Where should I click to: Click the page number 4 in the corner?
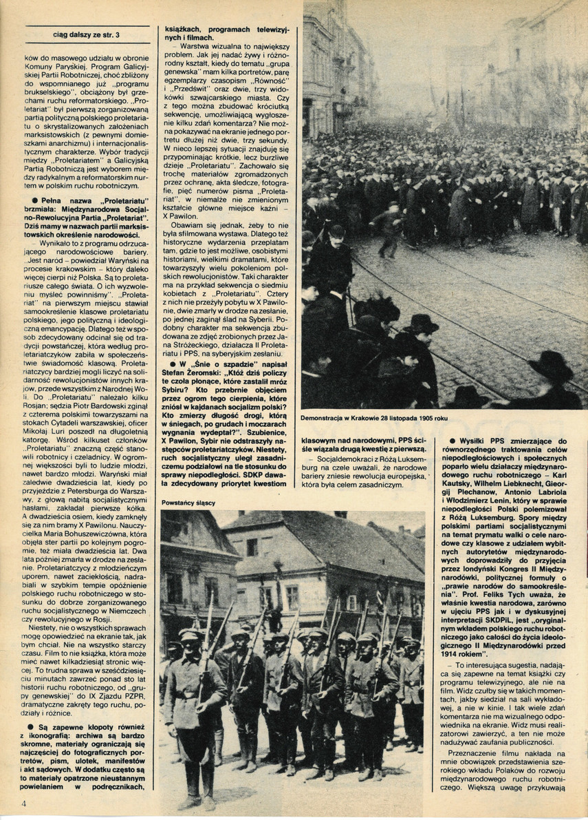[x=23, y=803]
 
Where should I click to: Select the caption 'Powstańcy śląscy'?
[x=188, y=503]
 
